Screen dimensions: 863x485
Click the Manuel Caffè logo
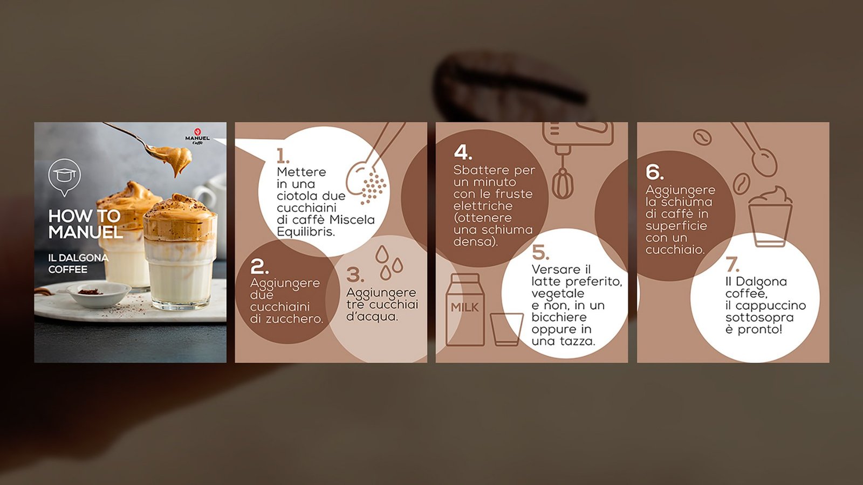click(197, 137)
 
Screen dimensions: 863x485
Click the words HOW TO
click(84, 216)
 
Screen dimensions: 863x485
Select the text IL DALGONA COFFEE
click(78, 264)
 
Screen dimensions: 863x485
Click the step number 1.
click(283, 156)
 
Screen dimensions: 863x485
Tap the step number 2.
click(259, 266)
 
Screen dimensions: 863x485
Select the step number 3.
click(355, 275)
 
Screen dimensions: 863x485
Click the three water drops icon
click(389, 262)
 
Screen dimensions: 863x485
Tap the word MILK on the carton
click(464, 308)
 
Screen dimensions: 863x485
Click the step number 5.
click(540, 252)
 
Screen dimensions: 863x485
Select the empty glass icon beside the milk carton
click(506, 329)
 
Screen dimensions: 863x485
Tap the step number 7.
click(732, 265)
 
